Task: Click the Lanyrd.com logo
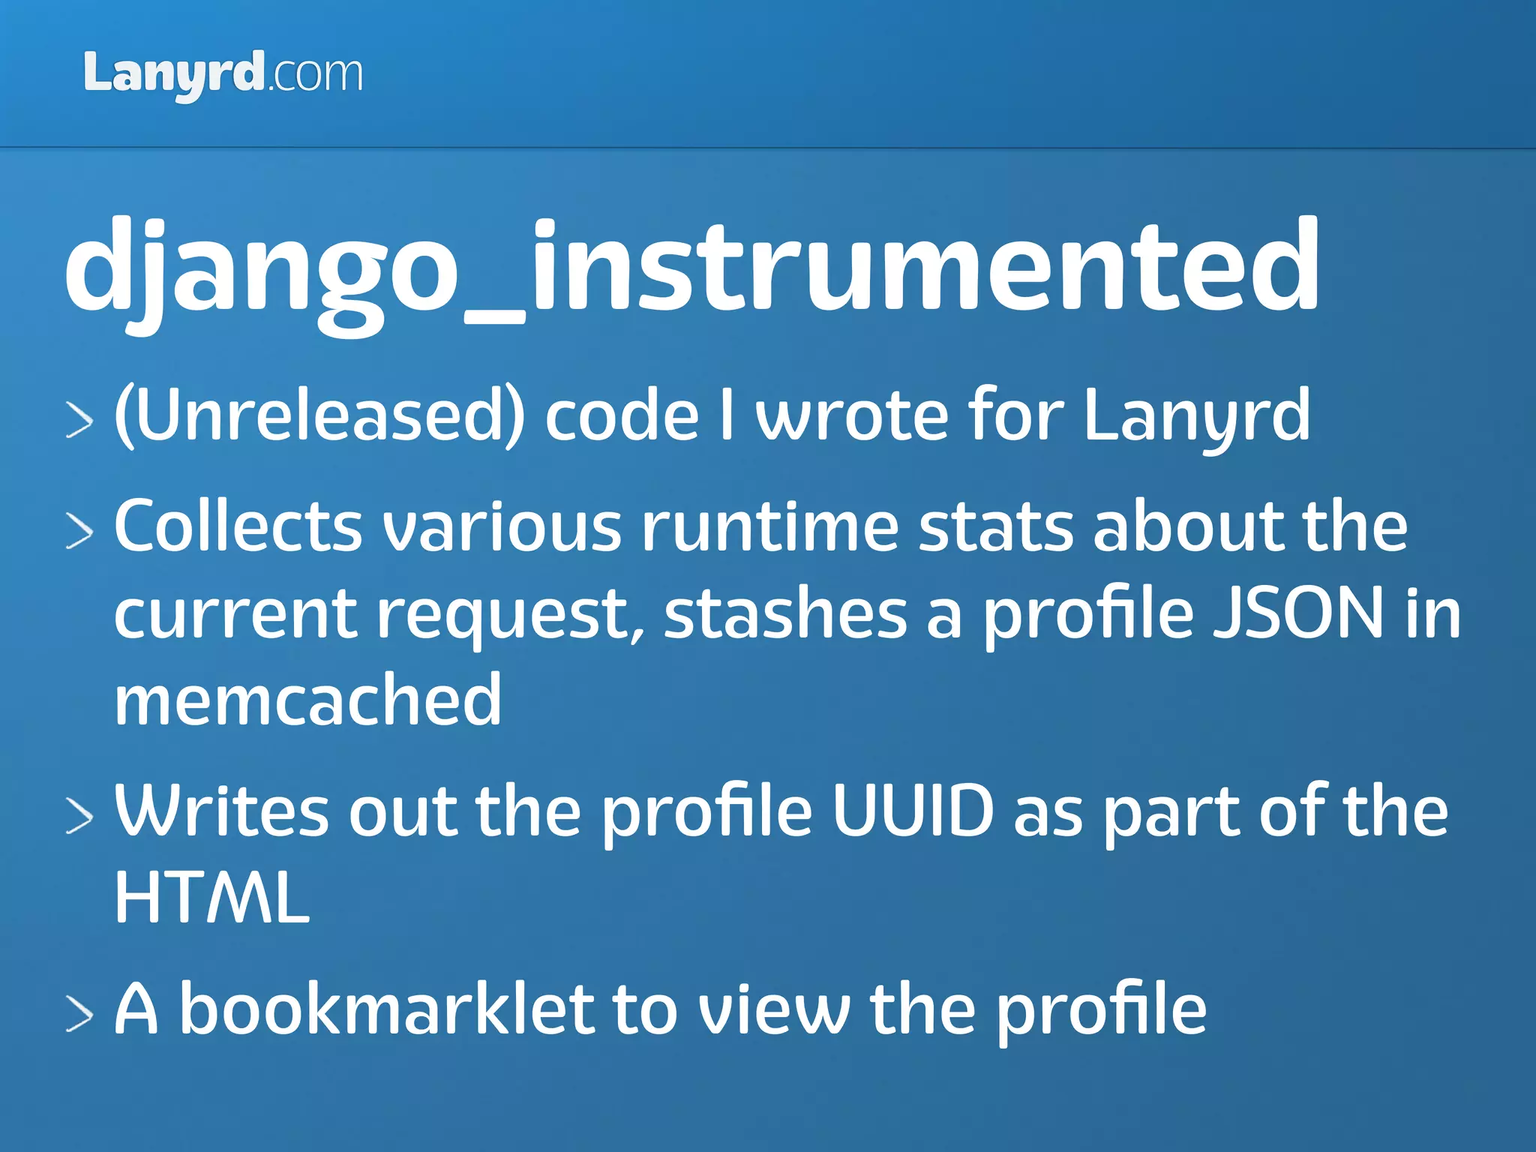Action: [223, 75]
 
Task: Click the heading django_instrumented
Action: [691, 266]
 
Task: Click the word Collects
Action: [238, 526]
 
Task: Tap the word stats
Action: [997, 526]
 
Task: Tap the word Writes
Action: [221, 811]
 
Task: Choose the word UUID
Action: [913, 811]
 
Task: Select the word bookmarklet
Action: [386, 1009]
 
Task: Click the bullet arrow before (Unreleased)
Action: [79, 419]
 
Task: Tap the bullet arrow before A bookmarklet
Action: [79, 1014]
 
